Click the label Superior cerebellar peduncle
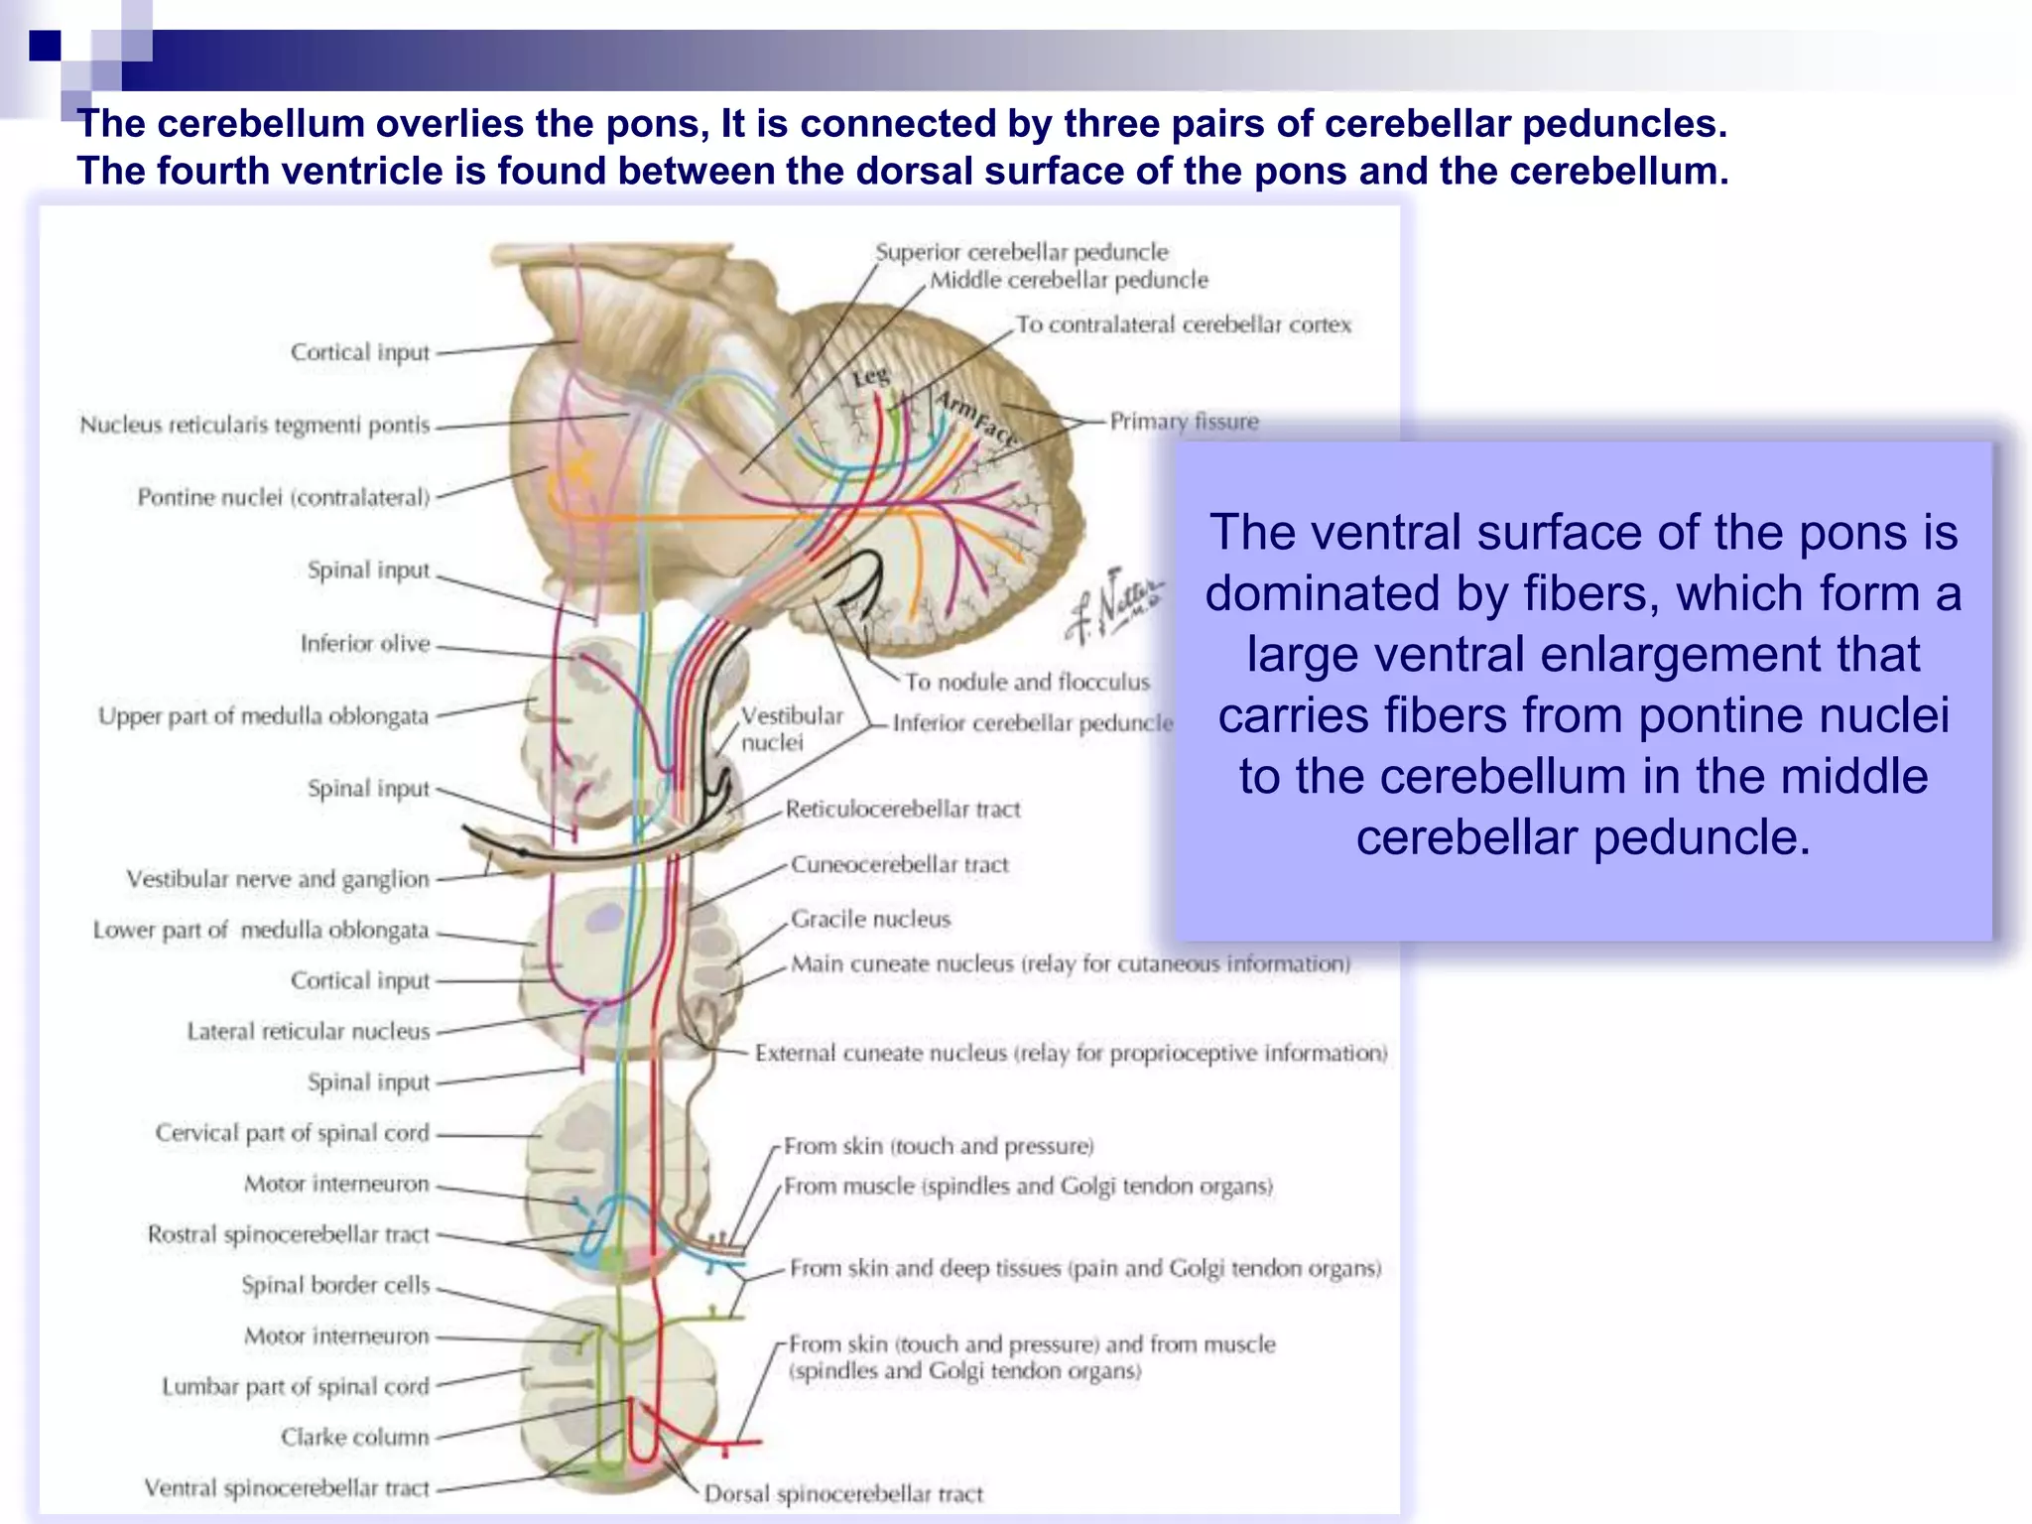(x=1021, y=252)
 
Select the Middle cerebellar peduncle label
(x=1069, y=280)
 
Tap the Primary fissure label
(x=1184, y=422)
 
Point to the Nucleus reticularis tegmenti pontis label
(x=255, y=426)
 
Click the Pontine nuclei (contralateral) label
(x=284, y=497)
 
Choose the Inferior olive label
(x=365, y=644)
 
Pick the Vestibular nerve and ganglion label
(x=278, y=879)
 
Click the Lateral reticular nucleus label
(x=309, y=1032)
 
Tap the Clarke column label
(x=354, y=1438)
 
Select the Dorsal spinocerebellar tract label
(x=843, y=1494)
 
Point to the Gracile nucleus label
(x=870, y=920)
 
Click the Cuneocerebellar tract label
(x=899, y=865)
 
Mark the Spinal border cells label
(x=335, y=1285)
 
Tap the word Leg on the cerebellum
(x=870, y=377)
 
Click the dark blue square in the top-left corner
(x=45, y=46)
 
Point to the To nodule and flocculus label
(x=1027, y=683)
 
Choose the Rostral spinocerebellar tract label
(x=288, y=1234)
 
